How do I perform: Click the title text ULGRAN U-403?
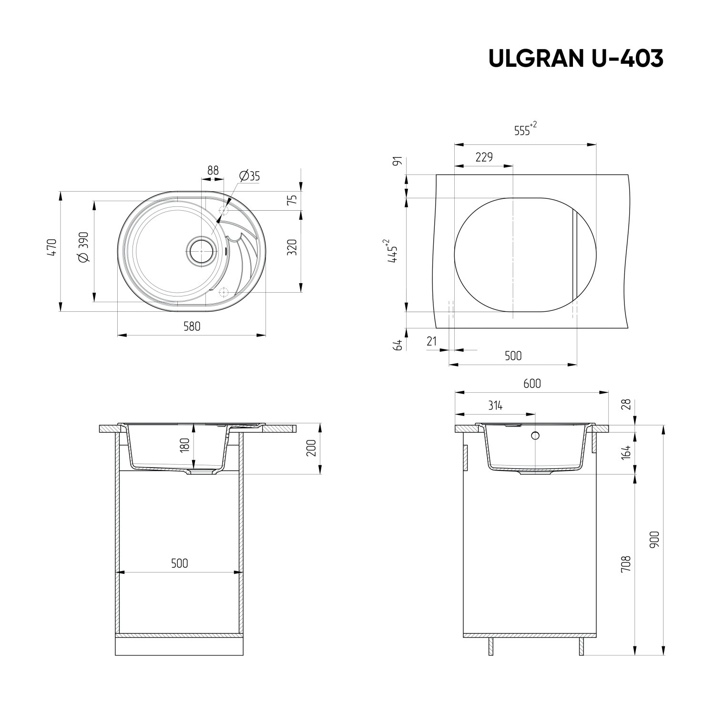click(x=576, y=59)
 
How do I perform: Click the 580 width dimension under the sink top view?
click(x=192, y=327)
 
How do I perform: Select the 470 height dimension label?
click(x=52, y=248)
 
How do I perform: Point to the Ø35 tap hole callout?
click(x=249, y=176)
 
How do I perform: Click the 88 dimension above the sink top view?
click(x=213, y=170)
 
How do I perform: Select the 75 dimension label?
click(x=293, y=200)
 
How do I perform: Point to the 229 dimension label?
click(x=484, y=157)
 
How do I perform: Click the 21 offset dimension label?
click(x=432, y=341)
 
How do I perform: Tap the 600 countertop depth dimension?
click(x=532, y=383)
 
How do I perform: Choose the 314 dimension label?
click(x=495, y=406)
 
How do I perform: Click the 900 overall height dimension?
click(x=654, y=539)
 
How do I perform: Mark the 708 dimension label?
click(x=626, y=563)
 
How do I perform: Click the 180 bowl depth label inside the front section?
click(x=185, y=444)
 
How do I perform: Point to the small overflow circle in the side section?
click(x=535, y=435)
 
